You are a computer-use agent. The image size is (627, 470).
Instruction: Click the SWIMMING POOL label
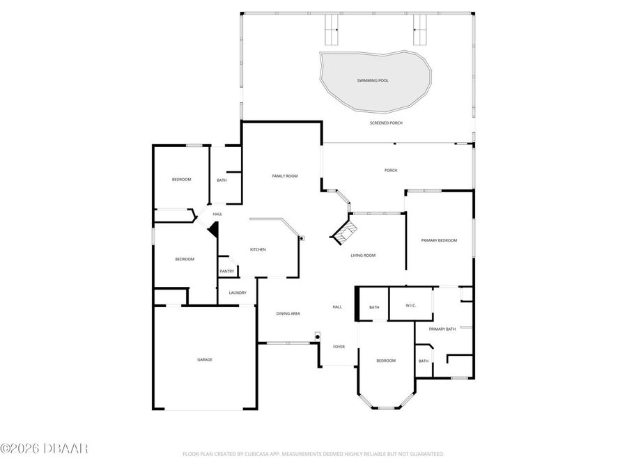[x=373, y=81]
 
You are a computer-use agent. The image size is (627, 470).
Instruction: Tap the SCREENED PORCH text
[x=386, y=123]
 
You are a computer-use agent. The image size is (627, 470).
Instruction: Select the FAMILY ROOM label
[x=284, y=176]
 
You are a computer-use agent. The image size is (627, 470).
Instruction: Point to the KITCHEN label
[x=258, y=249]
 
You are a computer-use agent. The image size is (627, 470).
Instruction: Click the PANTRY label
[x=227, y=272]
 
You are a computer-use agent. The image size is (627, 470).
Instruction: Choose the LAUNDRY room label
[x=238, y=292]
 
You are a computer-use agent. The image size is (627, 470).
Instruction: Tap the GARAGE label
[x=204, y=359]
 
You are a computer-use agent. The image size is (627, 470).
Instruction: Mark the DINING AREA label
[x=288, y=314]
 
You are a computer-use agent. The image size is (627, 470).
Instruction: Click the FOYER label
[x=339, y=346]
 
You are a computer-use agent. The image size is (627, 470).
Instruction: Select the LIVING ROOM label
[x=362, y=256]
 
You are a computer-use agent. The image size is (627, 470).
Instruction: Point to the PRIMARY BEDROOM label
[x=439, y=240]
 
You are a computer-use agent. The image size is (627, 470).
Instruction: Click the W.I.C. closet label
[x=401, y=307]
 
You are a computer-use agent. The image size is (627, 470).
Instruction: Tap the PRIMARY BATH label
[x=442, y=329]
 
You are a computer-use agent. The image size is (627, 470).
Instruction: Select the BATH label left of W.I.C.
[x=374, y=307]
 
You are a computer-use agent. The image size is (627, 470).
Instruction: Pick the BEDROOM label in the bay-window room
[x=386, y=361]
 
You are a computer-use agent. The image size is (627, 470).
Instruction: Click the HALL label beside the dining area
[x=337, y=307]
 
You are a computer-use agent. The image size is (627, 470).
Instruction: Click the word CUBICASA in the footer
[x=257, y=454]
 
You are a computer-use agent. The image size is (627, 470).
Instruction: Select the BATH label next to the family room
[x=222, y=180]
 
